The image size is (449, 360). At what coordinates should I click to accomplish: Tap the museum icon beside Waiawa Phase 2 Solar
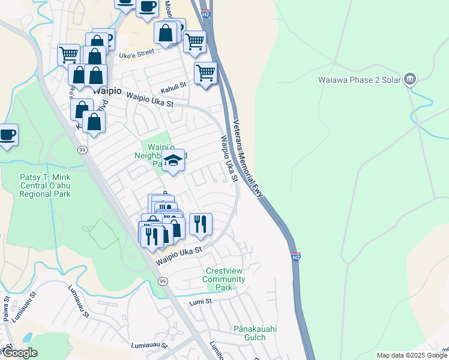[x=410, y=78]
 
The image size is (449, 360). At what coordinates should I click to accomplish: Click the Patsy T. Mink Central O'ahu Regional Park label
[x=45, y=185]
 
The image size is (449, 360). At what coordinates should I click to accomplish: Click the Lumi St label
[x=200, y=302]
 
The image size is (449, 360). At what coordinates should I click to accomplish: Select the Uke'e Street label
[x=137, y=55]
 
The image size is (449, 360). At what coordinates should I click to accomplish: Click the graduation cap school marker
[x=173, y=160]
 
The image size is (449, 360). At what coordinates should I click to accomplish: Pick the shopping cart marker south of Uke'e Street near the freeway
[x=205, y=73]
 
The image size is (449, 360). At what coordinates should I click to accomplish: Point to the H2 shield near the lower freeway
[x=296, y=257]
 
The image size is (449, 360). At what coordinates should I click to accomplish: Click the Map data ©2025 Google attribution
[x=411, y=355]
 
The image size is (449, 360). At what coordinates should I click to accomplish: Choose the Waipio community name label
[x=107, y=91]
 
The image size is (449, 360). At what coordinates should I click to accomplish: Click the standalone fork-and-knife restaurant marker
[x=200, y=224]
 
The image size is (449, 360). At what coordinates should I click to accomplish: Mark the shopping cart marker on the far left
[x=68, y=55]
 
